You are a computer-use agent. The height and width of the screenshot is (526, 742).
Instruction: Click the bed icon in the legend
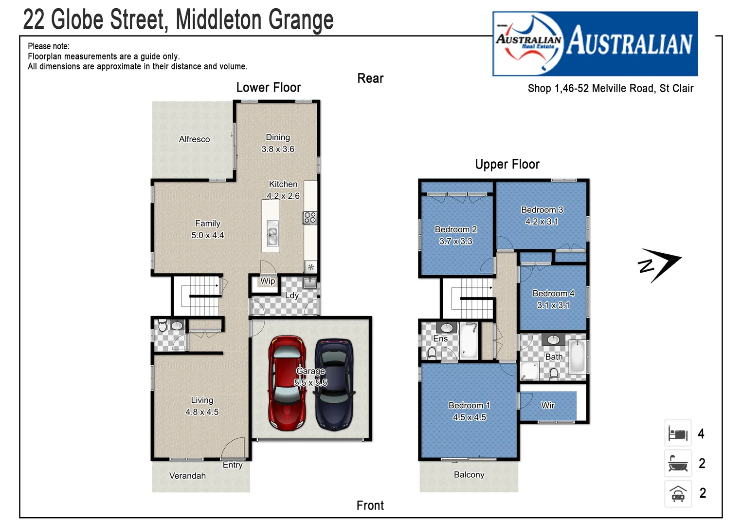678,433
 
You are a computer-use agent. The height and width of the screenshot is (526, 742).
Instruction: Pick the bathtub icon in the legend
678,463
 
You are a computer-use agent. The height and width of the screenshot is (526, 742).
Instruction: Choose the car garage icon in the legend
678,493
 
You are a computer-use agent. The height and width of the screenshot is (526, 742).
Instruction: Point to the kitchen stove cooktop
310,218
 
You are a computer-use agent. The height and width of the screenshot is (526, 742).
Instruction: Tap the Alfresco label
194,139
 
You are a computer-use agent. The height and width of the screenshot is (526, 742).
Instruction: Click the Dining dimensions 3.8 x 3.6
278,150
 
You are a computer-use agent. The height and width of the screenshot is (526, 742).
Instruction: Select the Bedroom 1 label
469,405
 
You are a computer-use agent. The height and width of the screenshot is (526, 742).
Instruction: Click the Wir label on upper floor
547,405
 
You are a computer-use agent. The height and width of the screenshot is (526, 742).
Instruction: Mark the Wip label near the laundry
267,281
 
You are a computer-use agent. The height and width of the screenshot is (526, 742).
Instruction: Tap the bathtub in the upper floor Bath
577,357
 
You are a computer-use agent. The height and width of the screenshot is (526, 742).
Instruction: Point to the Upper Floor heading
507,165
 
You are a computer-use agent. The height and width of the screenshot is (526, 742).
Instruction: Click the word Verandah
187,476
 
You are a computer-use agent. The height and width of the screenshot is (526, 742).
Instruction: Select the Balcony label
469,475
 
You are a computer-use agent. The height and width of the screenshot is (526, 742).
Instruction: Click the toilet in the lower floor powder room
163,325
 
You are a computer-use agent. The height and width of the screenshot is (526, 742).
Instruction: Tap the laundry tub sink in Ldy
309,282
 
